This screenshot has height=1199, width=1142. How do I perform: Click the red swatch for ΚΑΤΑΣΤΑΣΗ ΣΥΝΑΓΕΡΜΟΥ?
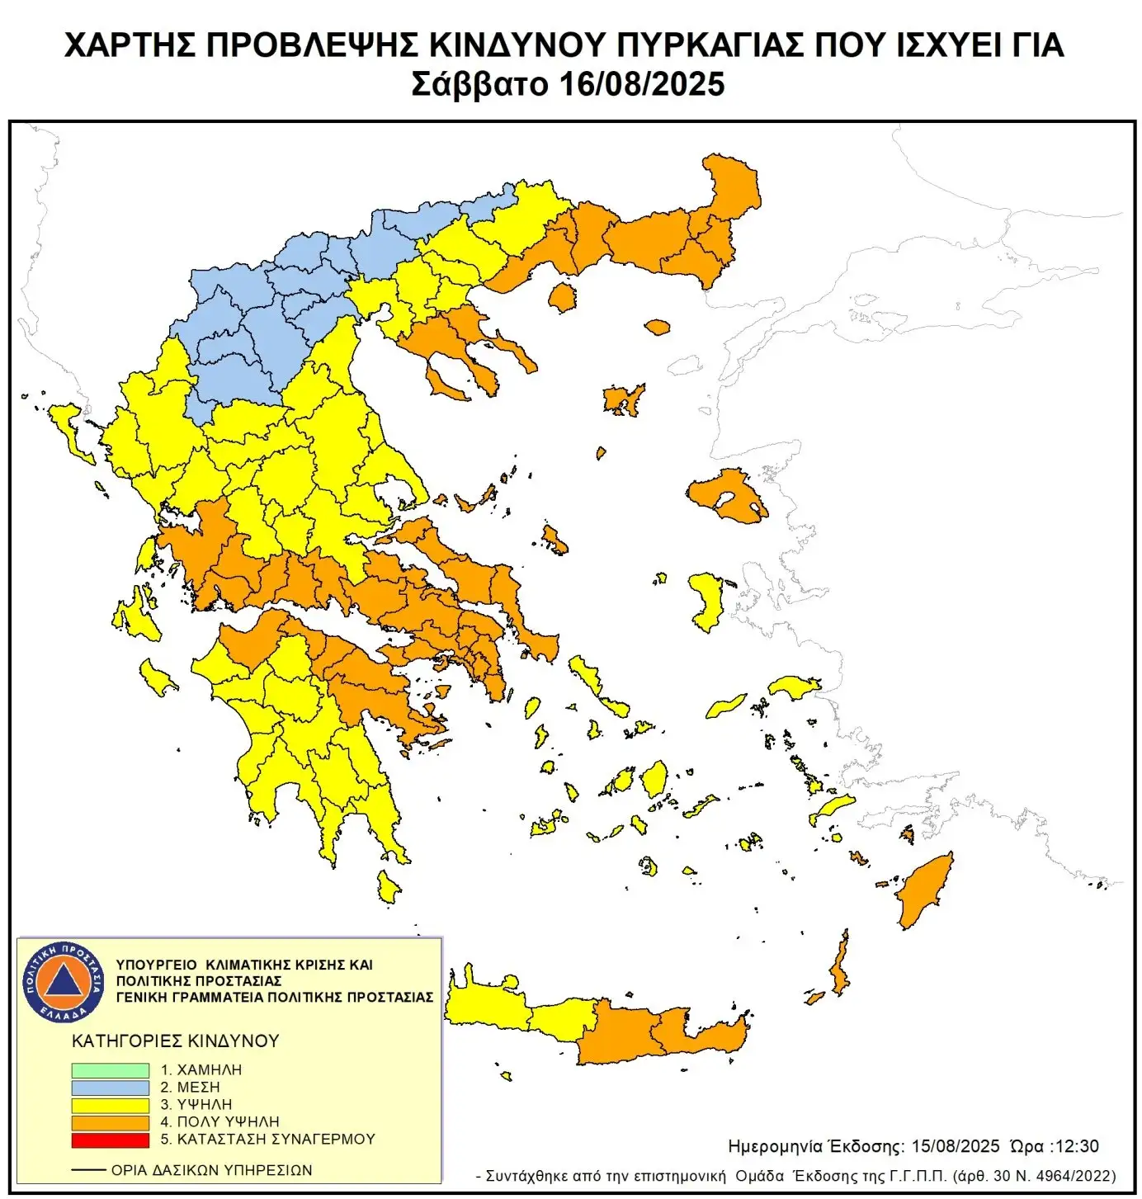[x=110, y=1140]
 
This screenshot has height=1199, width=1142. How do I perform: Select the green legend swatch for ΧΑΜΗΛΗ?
[x=110, y=1069]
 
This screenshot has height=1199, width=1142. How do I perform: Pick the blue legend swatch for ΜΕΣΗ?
[x=110, y=1088]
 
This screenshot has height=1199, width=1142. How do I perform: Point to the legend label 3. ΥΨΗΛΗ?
[x=196, y=1104]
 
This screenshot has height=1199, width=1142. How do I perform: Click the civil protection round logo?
[x=64, y=981]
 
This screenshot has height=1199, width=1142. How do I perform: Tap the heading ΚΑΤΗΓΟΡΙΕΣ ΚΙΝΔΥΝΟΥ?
[x=175, y=1041]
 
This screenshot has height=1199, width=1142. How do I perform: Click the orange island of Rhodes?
[x=926, y=891]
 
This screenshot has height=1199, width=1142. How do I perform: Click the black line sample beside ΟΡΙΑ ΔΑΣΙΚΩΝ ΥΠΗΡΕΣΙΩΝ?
[x=88, y=1170]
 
